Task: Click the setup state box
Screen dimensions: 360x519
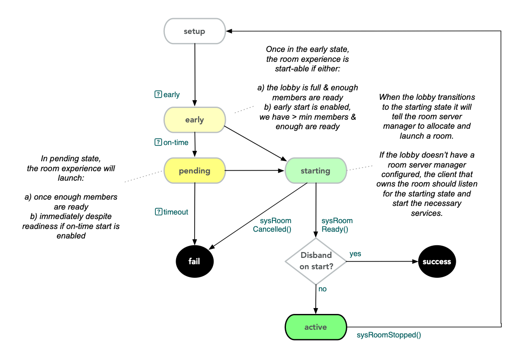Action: coord(194,31)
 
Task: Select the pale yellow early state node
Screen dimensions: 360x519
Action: coord(194,120)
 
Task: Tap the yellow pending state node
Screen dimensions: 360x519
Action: coord(194,171)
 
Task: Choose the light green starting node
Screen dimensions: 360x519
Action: coord(315,171)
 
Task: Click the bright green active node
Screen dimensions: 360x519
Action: coord(315,327)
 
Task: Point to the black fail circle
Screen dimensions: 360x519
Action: coord(194,261)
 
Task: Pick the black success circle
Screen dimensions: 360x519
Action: coord(436,261)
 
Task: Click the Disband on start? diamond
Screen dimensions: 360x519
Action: coord(316,261)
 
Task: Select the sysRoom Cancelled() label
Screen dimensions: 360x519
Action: coord(272,225)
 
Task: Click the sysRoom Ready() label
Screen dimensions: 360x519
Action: coord(337,225)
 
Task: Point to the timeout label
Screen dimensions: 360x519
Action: coord(176,212)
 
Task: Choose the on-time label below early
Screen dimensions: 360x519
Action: coord(176,142)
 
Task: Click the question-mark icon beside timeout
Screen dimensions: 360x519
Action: coord(158,211)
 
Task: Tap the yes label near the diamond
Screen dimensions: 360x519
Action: coord(355,254)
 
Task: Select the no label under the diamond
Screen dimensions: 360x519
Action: coord(322,289)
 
